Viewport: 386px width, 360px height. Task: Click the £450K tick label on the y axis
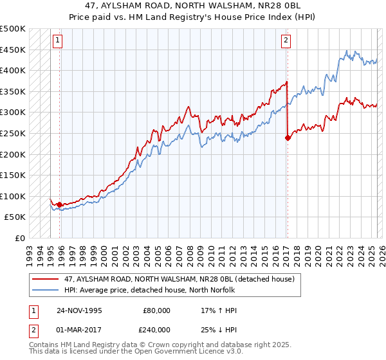click(13, 50)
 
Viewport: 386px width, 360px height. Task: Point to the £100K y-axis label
click(13, 196)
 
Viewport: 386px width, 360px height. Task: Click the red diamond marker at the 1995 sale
click(60, 205)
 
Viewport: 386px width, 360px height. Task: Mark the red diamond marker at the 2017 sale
click(287, 137)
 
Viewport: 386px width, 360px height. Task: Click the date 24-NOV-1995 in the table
click(80, 310)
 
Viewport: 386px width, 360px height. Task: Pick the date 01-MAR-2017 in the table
click(80, 329)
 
